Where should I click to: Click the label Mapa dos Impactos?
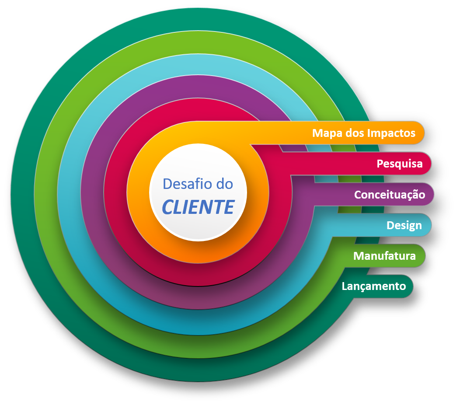(364, 133)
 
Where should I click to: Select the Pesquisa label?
(400, 164)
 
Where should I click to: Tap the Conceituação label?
(389, 195)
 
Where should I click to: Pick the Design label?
(404, 225)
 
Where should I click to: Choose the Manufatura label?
(384, 255)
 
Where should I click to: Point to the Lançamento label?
(374, 286)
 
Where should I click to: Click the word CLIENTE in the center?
(198, 207)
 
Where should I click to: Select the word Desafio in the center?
(184, 184)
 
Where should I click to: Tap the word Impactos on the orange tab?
(391, 133)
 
